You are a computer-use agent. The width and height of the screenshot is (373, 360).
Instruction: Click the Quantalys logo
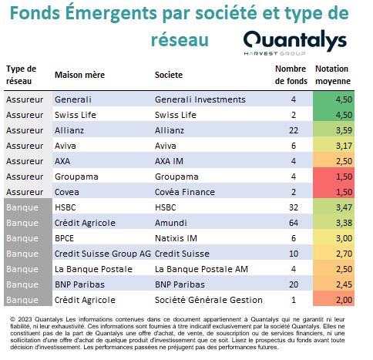pyautogui.click(x=295, y=42)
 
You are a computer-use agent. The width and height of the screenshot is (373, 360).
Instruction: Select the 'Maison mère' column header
pyautogui.click(x=79, y=75)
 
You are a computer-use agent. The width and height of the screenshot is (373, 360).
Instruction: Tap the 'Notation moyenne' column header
pyautogui.click(x=333, y=75)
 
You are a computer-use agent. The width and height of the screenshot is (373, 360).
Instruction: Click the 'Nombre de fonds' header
pyautogui.click(x=291, y=75)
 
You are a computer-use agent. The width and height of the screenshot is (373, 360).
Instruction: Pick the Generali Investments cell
pyautogui.click(x=200, y=99)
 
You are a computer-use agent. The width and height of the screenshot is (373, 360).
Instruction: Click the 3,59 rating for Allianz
pyautogui.click(x=344, y=130)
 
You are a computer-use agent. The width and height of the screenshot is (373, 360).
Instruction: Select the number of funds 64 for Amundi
pyautogui.click(x=294, y=223)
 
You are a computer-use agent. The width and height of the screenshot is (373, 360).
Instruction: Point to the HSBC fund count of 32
pyautogui.click(x=294, y=207)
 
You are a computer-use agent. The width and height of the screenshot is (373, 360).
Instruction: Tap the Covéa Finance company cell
pyautogui.click(x=185, y=192)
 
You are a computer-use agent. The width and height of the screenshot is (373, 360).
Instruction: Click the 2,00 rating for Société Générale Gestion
pyautogui.click(x=344, y=300)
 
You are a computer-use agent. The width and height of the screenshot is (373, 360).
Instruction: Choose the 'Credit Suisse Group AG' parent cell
pyautogui.click(x=102, y=254)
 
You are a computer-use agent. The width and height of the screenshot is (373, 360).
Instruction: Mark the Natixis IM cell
pyautogui.click(x=176, y=238)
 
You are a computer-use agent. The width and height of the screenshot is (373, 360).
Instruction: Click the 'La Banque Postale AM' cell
pyautogui.click(x=201, y=269)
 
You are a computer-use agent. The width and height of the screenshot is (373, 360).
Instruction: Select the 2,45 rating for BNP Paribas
pyautogui.click(x=344, y=284)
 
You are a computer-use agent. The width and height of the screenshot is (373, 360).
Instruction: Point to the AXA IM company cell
pyautogui.click(x=169, y=161)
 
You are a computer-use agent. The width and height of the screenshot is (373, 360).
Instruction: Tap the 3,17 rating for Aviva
pyautogui.click(x=344, y=146)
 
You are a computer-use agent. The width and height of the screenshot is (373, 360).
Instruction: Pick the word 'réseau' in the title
pyautogui.click(x=180, y=41)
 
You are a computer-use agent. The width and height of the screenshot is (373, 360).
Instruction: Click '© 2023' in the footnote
pyautogui.click(x=21, y=319)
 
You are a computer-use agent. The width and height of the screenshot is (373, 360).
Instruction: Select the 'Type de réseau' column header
pyautogui.click(x=21, y=75)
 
